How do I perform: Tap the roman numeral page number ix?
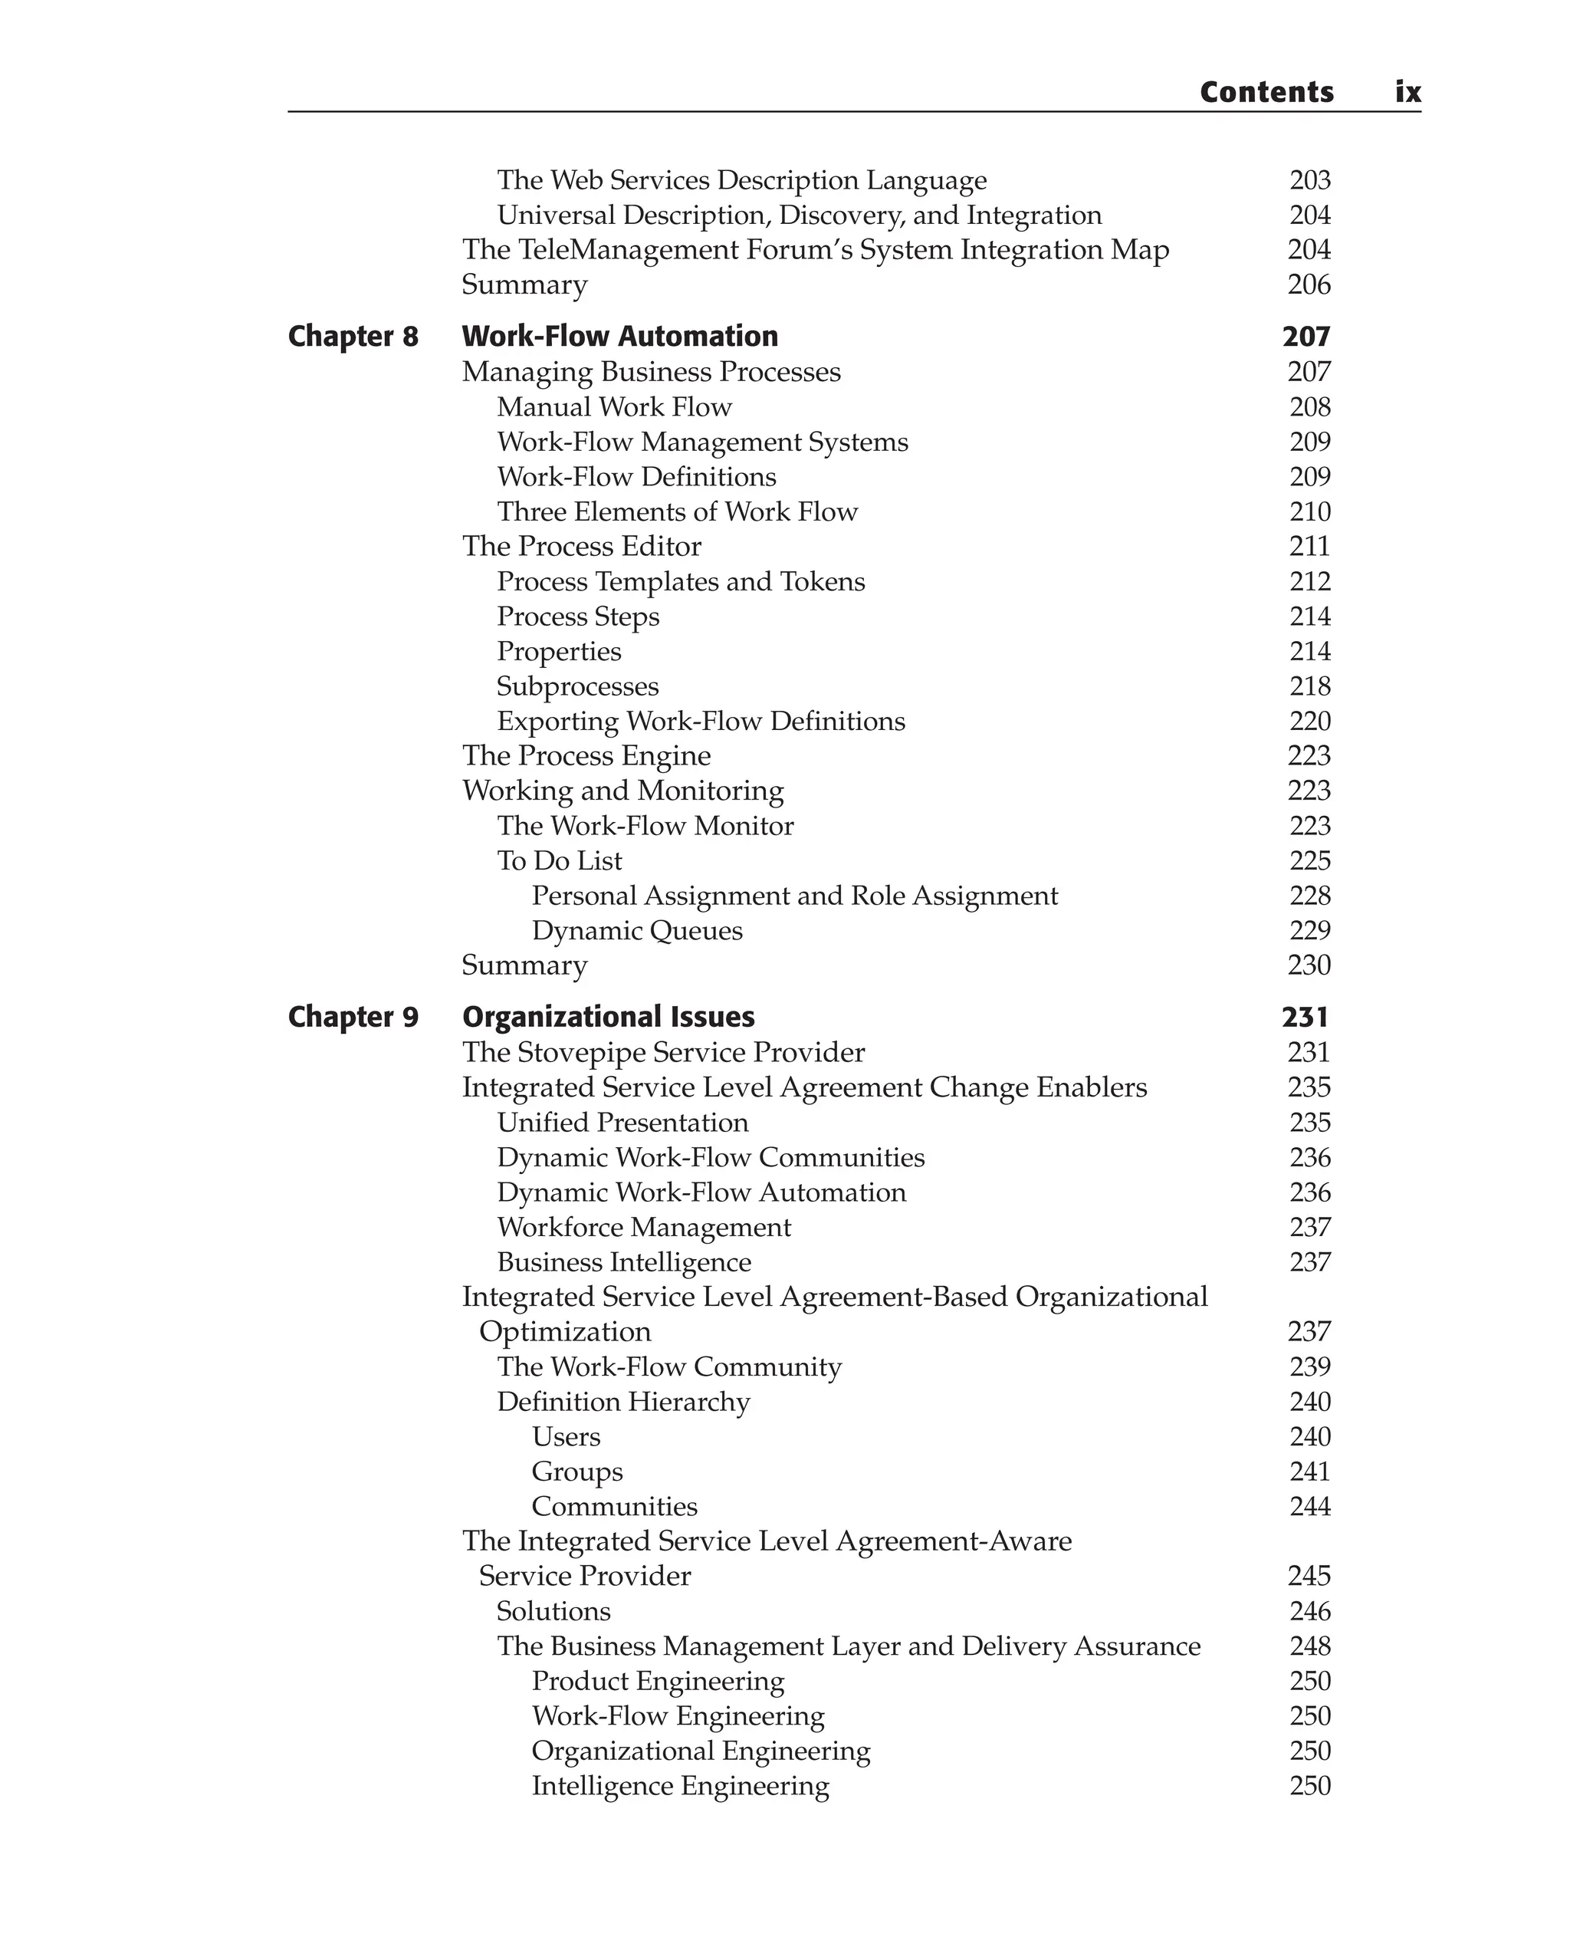click(1407, 91)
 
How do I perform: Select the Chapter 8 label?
click(353, 337)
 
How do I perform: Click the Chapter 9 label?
click(353, 1017)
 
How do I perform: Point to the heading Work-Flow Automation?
click(619, 337)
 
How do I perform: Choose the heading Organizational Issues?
click(608, 1017)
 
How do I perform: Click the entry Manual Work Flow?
click(614, 407)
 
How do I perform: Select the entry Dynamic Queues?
click(637, 930)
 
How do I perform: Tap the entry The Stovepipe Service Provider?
click(663, 1052)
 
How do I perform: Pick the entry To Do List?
click(559, 860)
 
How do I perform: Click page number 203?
click(1309, 180)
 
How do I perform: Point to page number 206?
click(1309, 285)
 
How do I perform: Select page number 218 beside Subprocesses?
click(1309, 686)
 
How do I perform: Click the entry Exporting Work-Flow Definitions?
click(701, 721)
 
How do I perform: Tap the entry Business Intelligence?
click(624, 1262)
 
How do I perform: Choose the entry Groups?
click(577, 1471)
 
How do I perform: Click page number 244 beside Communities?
click(1309, 1506)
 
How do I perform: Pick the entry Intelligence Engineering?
click(680, 1786)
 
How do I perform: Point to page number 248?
click(1309, 1646)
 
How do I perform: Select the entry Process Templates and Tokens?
click(681, 582)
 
